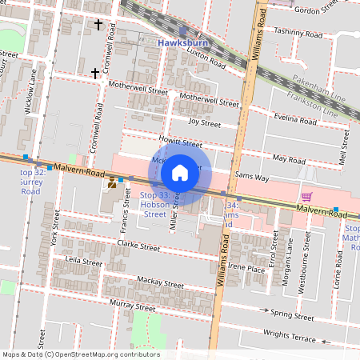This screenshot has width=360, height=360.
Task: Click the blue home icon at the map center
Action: click(x=180, y=172)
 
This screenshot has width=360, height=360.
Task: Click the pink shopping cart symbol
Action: click(x=306, y=197)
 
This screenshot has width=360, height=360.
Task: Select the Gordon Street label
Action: click(x=317, y=10)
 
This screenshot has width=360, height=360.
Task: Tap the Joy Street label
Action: click(x=204, y=122)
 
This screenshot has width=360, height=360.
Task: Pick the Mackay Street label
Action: click(x=161, y=282)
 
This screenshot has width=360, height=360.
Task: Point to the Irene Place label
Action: click(x=246, y=270)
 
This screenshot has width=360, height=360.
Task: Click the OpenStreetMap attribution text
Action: click(x=81, y=354)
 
